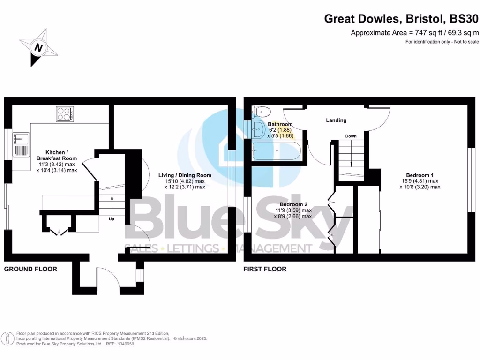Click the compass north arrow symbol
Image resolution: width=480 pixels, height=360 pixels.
[x=39, y=48]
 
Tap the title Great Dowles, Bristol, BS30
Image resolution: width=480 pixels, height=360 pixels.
[x=402, y=19]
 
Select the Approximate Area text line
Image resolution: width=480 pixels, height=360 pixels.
[x=415, y=33]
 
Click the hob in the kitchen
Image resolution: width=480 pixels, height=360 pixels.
[x=65, y=113]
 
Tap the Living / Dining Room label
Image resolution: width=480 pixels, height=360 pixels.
[x=185, y=175]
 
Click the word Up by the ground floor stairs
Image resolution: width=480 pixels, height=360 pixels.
[x=112, y=219]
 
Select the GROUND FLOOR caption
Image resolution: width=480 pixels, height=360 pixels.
[x=30, y=269]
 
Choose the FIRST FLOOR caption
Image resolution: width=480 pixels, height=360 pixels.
[x=265, y=269]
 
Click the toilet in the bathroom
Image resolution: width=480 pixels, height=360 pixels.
[x=261, y=112]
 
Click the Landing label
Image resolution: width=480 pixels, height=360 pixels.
[x=336, y=120]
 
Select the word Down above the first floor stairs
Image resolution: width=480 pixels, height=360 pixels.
[x=351, y=136]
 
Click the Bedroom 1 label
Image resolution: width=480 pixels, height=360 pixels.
[x=420, y=175]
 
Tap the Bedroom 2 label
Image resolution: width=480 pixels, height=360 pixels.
[x=293, y=204]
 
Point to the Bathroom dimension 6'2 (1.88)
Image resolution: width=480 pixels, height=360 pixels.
[x=280, y=130]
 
